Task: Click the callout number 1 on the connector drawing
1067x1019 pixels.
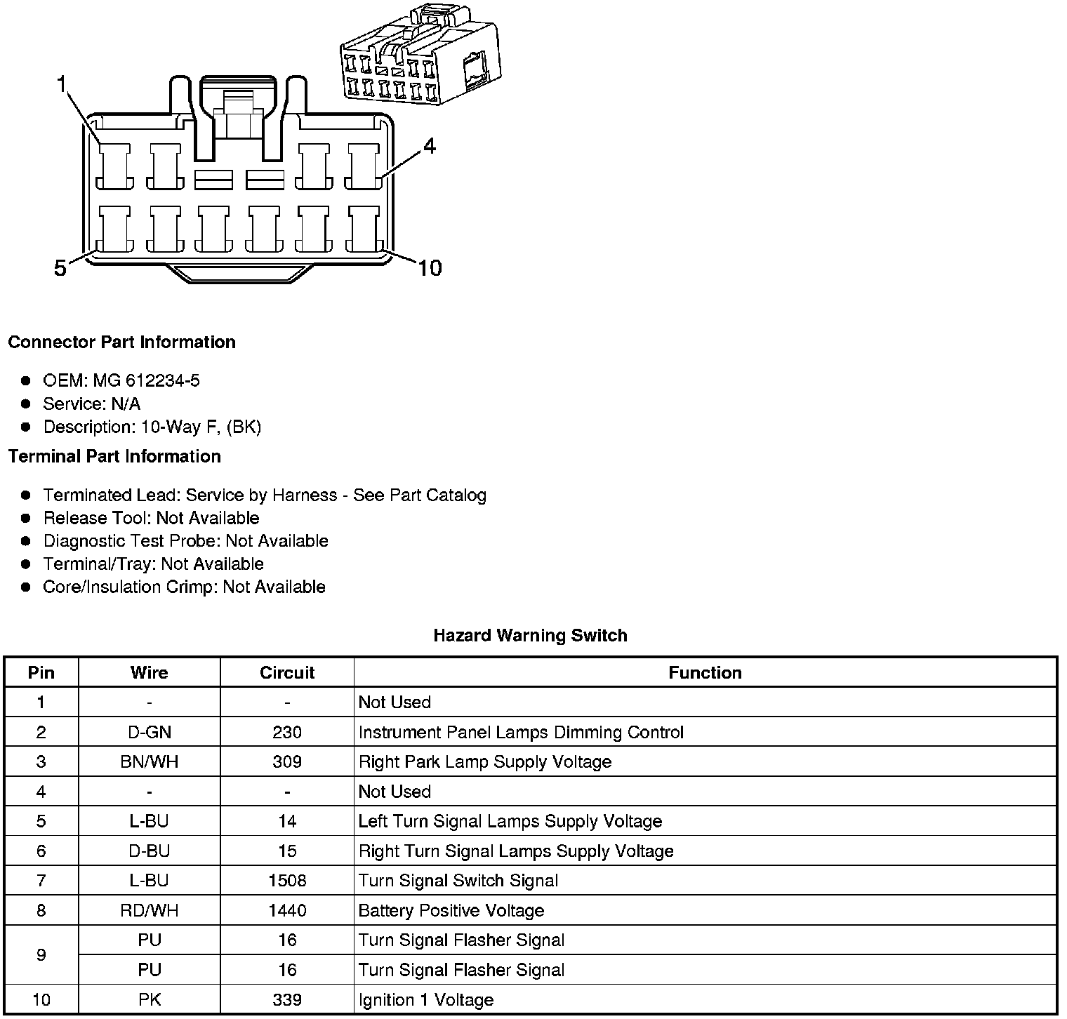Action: click(x=62, y=85)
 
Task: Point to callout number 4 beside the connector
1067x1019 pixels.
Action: click(x=429, y=146)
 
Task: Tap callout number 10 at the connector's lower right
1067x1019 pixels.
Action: click(x=430, y=267)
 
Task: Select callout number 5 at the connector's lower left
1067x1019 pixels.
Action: click(x=60, y=267)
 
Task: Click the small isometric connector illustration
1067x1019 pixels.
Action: click(x=420, y=56)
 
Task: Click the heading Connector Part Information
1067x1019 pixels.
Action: click(x=121, y=342)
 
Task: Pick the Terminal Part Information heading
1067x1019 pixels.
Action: click(x=114, y=456)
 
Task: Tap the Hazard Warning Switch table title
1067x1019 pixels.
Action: click(x=530, y=635)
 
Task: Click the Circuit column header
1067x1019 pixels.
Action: click(x=287, y=672)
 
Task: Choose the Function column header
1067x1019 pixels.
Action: click(x=705, y=672)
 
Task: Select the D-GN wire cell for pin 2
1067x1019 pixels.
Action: click(x=150, y=732)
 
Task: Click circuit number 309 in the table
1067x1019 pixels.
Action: click(x=287, y=761)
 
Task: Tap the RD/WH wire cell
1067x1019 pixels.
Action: click(x=150, y=910)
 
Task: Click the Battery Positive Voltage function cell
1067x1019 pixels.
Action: click(x=451, y=910)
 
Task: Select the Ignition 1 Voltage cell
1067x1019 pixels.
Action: click(x=426, y=999)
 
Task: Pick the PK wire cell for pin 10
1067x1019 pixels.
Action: click(x=150, y=999)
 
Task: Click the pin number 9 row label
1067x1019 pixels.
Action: click(x=41, y=954)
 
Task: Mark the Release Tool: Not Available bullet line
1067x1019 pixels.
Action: click(x=151, y=518)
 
